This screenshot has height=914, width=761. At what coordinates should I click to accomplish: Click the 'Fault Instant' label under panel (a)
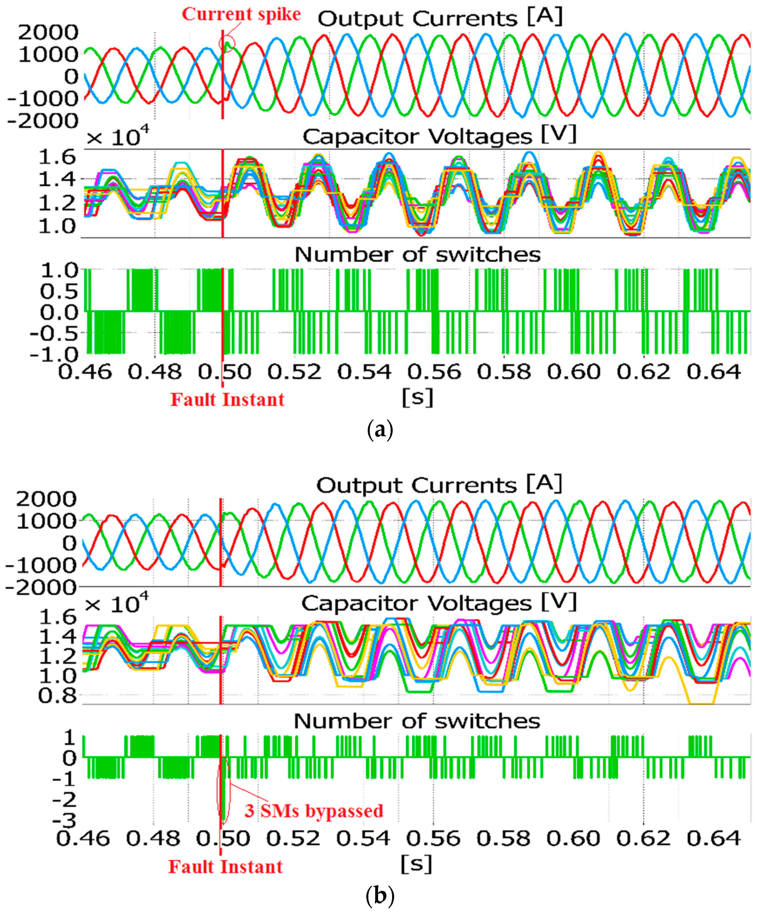pos(227,400)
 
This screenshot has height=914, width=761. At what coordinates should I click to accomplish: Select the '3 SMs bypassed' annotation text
pos(314,810)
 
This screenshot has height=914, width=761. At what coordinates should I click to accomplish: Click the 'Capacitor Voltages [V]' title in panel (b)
pos(438,603)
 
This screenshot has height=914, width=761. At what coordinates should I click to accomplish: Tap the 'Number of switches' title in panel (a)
pos(417,254)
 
